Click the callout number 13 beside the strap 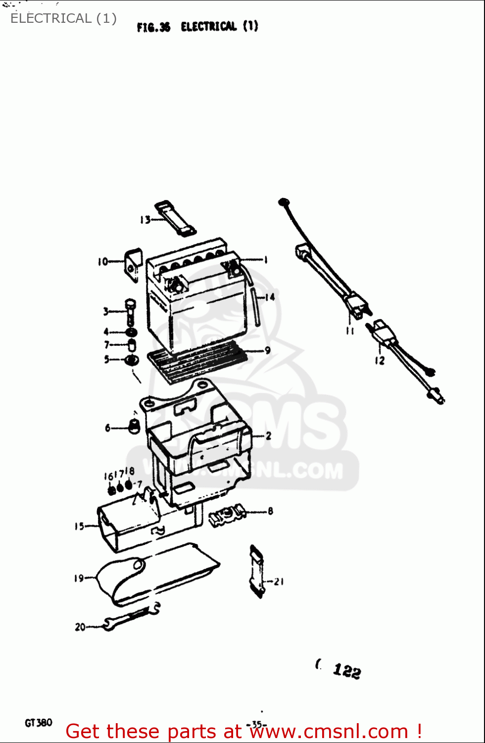point(145,219)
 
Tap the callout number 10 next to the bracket point(102,262)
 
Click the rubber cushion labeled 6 point(134,426)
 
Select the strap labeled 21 point(257,572)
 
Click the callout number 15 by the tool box point(79,526)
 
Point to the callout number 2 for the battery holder point(268,436)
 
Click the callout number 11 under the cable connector point(350,330)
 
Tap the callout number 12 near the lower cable point(380,361)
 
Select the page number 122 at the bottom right point(347,671)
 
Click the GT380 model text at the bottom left point(39,723)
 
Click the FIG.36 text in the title point(153,27)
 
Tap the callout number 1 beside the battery point(266,260)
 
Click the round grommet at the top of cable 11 point(284,202)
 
